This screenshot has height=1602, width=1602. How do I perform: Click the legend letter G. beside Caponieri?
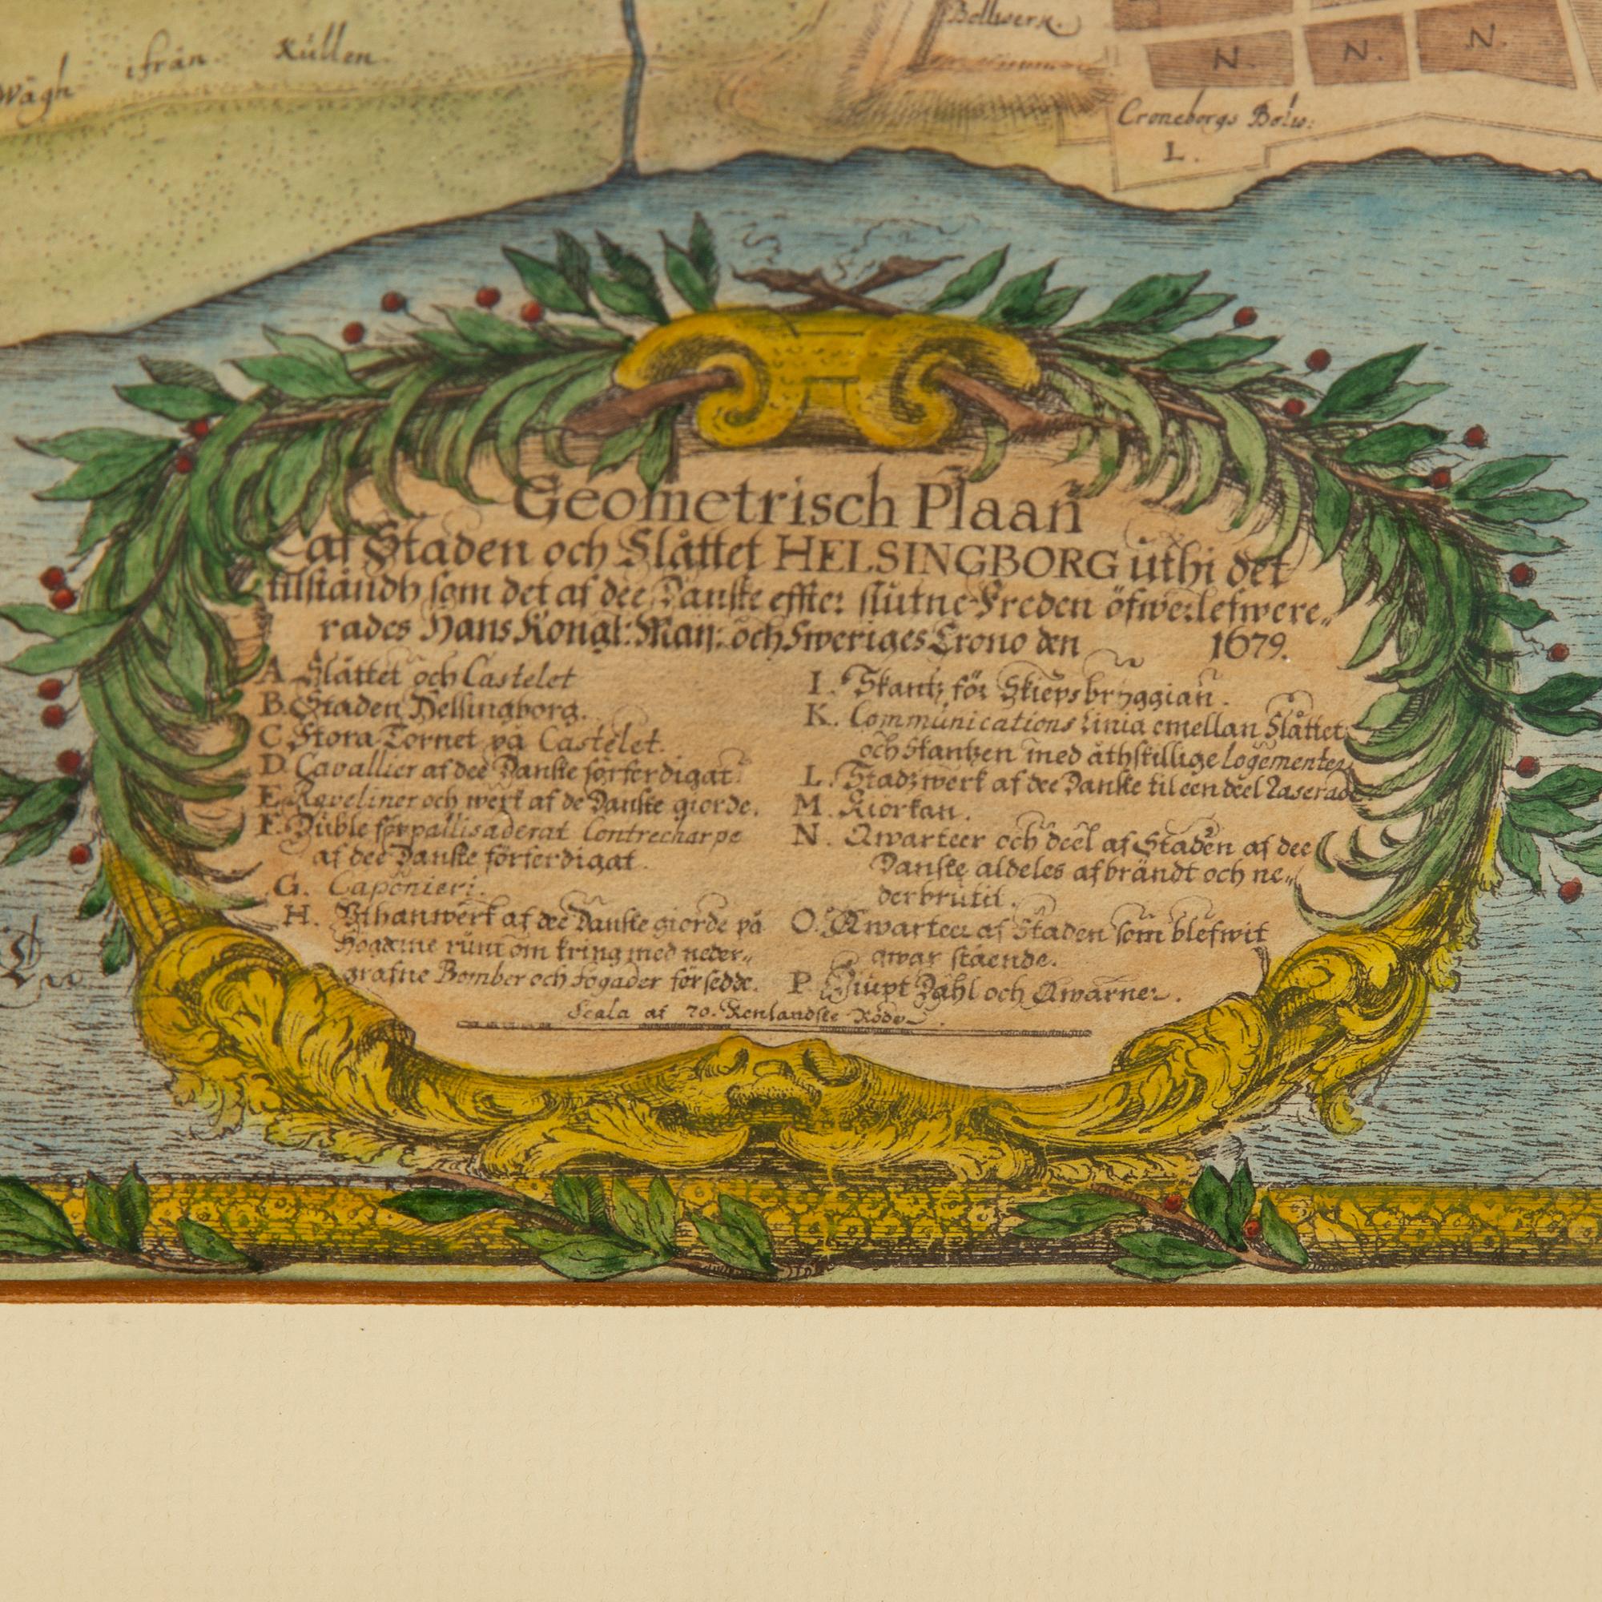coord(284,888)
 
